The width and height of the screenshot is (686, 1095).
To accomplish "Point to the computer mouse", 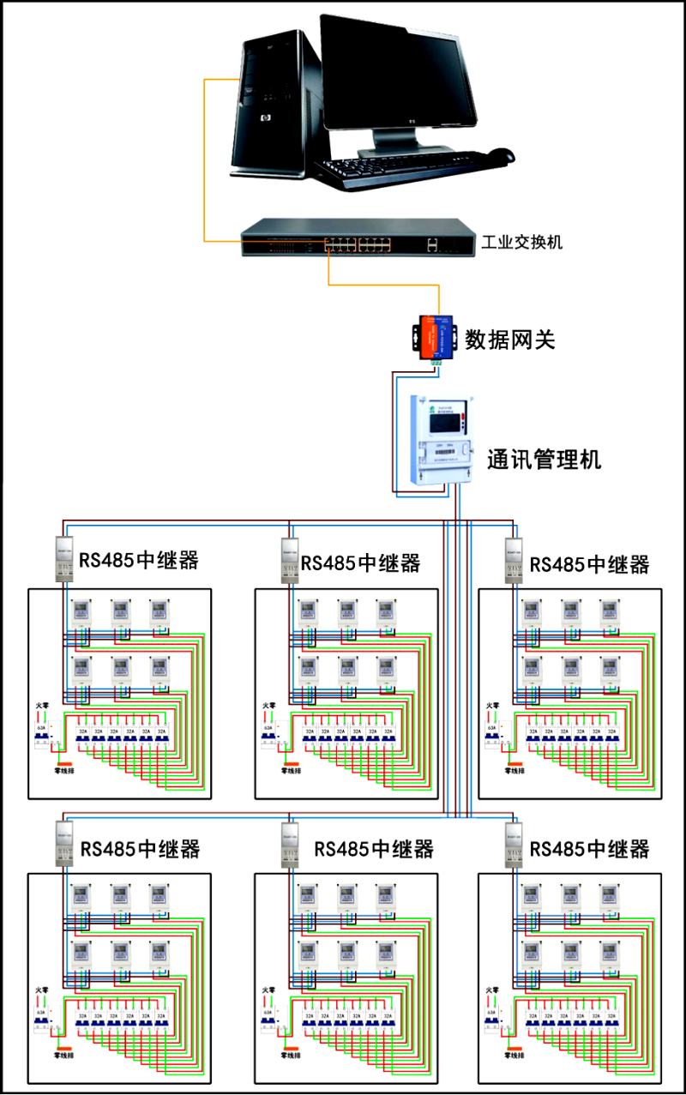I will (x=500, y=155).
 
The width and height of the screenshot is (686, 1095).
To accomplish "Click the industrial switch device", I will (x=357, y=238).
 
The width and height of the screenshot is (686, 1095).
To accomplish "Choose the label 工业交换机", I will (x=521, y=242).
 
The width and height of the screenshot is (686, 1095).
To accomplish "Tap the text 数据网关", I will (x=510, y=340).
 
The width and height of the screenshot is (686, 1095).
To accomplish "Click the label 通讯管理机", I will (x=544, y=460).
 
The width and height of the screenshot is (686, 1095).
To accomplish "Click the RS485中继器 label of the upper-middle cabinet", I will (x=361, y=563).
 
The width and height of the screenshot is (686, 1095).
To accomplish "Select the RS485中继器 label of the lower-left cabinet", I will (x=141, y=849).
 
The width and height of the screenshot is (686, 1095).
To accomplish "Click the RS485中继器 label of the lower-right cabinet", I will (x=590, y=849).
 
